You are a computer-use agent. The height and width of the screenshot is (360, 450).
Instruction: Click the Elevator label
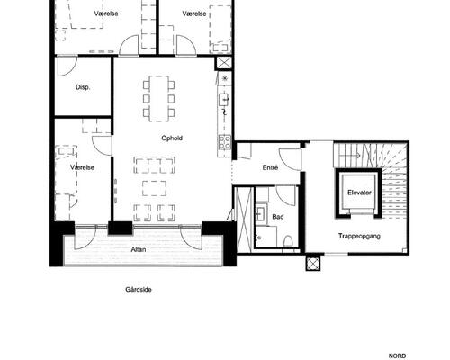click(359, 193)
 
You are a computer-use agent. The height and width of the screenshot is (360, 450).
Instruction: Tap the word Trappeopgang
click(359, 236)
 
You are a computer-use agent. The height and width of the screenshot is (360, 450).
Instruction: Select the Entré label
click(270, 168)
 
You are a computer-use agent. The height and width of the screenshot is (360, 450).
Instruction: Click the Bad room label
click(278, 217)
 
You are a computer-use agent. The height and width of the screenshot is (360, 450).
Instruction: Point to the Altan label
click(139, 249)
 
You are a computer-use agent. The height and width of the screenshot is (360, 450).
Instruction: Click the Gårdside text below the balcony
click(139, 290)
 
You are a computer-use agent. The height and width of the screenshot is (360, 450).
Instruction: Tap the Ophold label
click(172, 139)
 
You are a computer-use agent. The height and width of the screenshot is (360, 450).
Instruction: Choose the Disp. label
click(83, 87)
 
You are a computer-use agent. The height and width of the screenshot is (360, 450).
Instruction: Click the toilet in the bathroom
click(288, 241)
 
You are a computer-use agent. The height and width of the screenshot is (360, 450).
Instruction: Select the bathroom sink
click(260, 213)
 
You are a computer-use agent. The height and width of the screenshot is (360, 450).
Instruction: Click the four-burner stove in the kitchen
click(224, 142)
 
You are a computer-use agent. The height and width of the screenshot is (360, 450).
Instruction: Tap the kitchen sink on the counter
click(223, 100)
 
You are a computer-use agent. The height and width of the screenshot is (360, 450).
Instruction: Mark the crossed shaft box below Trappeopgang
click(313, 264)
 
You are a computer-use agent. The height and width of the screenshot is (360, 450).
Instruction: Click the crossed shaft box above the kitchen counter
click(224, 63)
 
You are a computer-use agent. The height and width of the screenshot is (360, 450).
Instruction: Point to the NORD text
click(397, 356)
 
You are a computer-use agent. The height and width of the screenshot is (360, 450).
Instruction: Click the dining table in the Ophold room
click(159, 99)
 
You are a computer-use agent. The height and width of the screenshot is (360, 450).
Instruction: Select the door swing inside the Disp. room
click(67, 67)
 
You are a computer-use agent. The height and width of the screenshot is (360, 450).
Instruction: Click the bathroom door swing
click(286, 196)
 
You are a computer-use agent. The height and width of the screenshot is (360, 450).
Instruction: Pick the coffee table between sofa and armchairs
click(154, 188)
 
